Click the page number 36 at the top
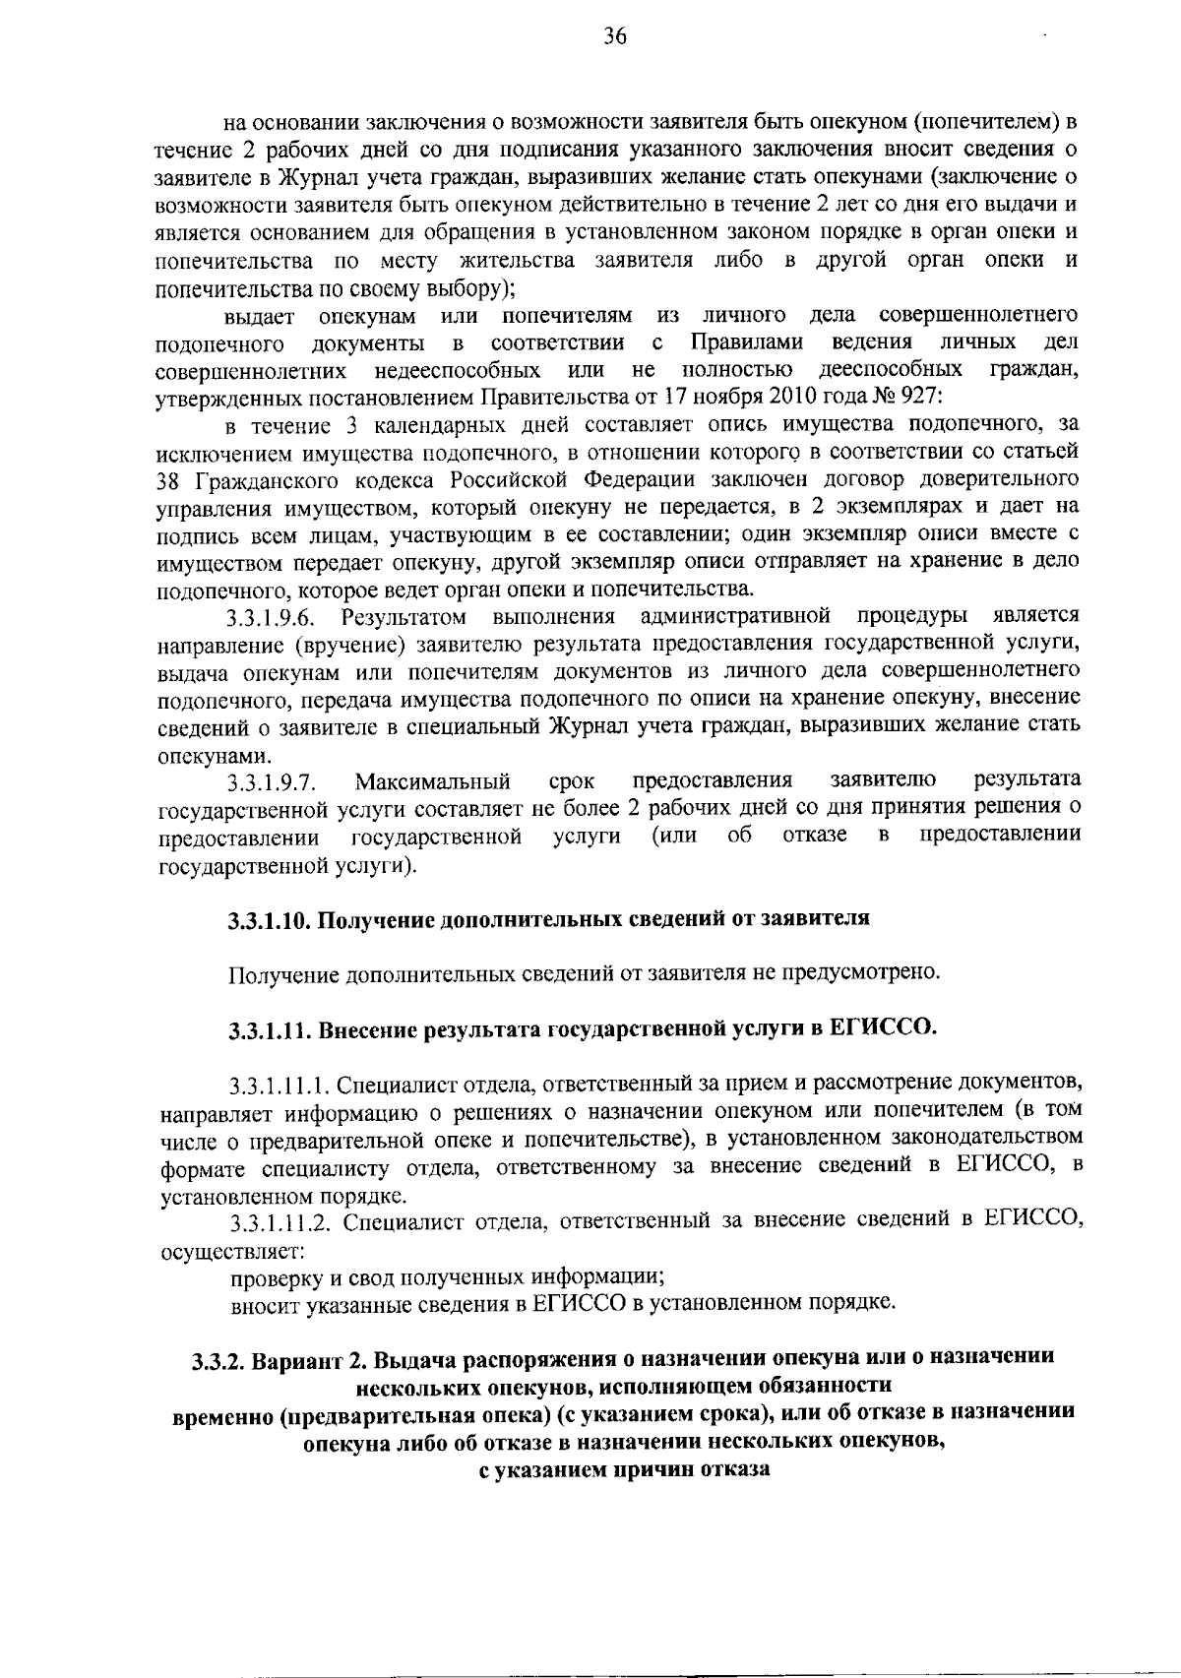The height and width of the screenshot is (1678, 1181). tap(615, 37)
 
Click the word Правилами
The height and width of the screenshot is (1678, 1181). tap(746, 342)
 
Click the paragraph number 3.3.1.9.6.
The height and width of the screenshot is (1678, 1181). tap(270, 618)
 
